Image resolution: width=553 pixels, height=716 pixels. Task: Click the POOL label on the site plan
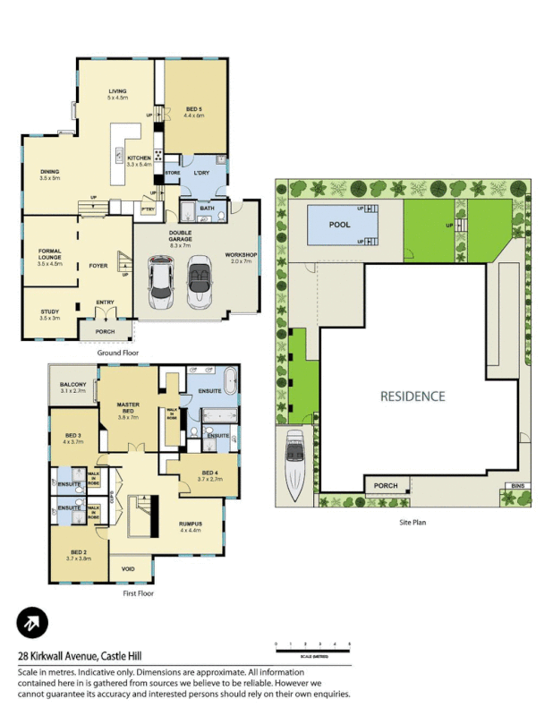(x=340, y=225)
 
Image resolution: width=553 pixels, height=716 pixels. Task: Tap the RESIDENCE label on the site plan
(x=413, y=396)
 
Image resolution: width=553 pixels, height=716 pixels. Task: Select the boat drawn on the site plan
(x=297, y=465)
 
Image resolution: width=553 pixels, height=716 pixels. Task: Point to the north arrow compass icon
(x=32, y=622)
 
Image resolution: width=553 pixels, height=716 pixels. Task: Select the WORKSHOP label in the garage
(x=241, y=255)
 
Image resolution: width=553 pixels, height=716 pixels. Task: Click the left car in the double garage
(x=161, y=280)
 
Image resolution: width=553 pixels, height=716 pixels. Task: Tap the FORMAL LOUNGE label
(x=49, y=253)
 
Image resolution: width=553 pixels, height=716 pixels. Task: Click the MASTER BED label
(x=128, y=407)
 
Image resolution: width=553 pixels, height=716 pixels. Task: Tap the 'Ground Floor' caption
(x=118, y=354)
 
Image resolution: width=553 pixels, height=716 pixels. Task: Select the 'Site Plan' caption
(x=412, y=522)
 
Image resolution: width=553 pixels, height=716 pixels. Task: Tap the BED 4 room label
(x=208, y=473)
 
